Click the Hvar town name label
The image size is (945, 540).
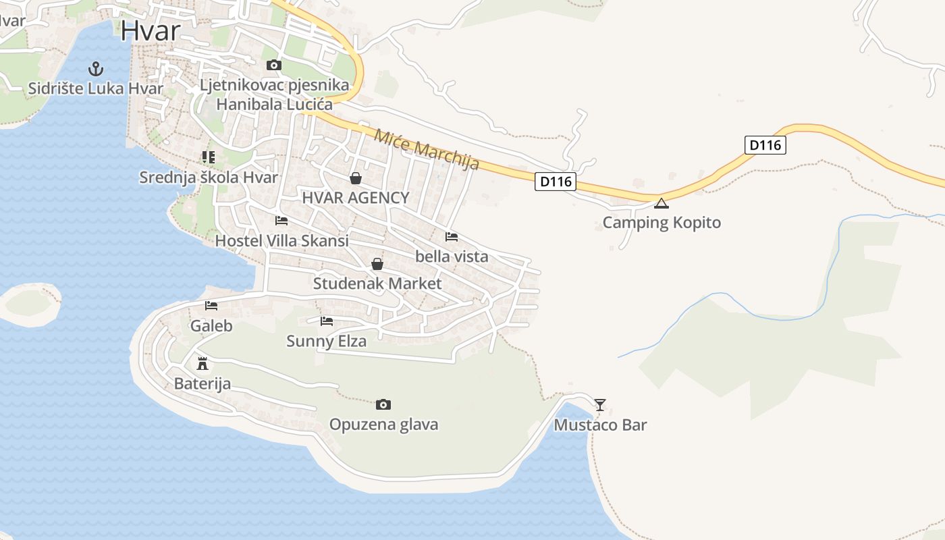coord(151,31)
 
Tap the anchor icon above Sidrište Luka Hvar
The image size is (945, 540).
coord(96,68)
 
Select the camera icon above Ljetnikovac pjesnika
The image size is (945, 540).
coord(273,65)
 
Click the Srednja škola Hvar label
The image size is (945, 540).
coord(209,178)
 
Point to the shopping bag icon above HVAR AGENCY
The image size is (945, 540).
coord(356,178)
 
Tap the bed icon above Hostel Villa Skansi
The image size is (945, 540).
coord(281,221)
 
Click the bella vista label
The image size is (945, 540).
coord(452,256)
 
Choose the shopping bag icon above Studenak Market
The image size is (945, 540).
coord(377,264)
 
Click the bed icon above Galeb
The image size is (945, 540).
coord(211,306)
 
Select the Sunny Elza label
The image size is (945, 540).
coord(327,341)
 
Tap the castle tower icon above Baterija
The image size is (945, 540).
coord(202,364)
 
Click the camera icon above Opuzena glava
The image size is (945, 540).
coord(383,405)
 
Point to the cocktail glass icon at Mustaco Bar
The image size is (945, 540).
coord(600,405)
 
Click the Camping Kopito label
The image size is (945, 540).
coord(661,223)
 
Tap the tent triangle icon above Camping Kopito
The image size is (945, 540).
coord(661,203)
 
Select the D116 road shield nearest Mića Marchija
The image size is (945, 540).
coord(556,182)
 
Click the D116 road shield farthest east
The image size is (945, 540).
coord(765,145)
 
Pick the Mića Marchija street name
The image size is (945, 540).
coord(427,149)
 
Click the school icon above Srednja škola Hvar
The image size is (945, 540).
coord(209,157)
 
